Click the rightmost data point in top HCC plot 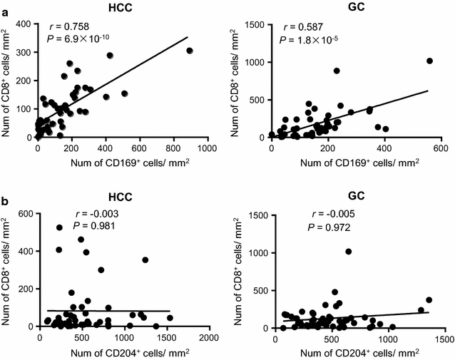tap(190, 51)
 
